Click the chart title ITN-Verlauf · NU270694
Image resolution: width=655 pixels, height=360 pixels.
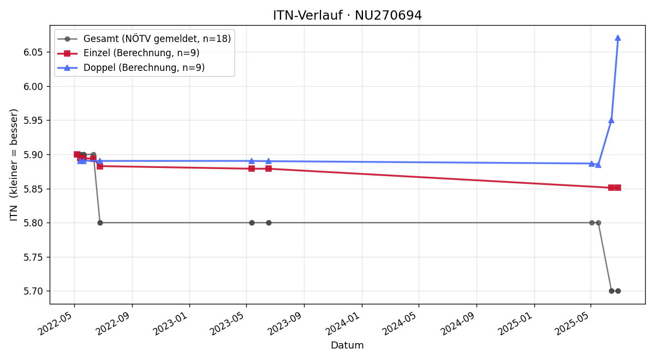click(347, 15)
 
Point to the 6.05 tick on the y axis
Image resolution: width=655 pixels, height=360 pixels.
click(33, 52)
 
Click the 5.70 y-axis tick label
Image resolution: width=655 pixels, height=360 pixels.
click(33, 291)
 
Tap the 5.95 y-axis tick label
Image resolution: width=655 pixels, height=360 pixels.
click(33, 121)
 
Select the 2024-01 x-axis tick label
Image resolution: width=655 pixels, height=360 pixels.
click(344, 322)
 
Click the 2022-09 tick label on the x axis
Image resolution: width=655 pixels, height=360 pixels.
click(114, 322)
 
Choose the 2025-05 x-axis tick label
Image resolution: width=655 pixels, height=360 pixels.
click(573, 322)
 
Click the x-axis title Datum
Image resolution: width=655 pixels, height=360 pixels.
click(347, 345)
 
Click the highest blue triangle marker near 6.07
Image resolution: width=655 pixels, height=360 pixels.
click(618, 38)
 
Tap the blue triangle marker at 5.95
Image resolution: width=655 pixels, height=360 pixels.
click(611, 121)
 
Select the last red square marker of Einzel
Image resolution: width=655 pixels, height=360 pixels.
click(618, 188)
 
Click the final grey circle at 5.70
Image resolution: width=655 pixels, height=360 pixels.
click(618, 291)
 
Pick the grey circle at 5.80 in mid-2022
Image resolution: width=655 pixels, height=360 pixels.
click(100, 223)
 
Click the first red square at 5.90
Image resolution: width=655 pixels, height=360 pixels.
click(77, 154)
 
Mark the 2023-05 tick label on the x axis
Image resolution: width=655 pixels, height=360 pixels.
click(228, 322)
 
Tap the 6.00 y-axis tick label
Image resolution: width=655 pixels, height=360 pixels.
click(33, 87)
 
